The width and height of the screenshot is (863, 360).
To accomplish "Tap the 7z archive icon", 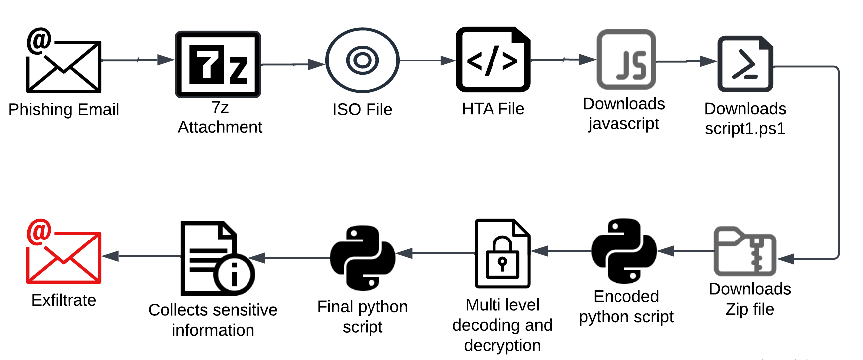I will pyautogui.click(x=218, y=64).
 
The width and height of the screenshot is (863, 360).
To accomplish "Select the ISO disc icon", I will pyautogui.click(x=363, y=60).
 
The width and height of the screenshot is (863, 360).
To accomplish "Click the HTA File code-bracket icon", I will pyautogui.click(x=493, y=60).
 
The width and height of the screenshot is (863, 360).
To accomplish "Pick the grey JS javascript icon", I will pyautogui.click(x=626, y=59).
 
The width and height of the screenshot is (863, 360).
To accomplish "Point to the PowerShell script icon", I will pyautogui.click(x=745, y=64).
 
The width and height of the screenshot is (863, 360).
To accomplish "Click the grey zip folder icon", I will pyautogui.click(x=745, y=251).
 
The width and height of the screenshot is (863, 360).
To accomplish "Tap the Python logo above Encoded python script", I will pyautogui.click(x=624, y=251).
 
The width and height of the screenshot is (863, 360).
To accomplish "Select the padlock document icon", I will pyautogui.click(x=502, y=253).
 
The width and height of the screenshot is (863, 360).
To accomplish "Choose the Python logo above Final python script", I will pyautogui.click(x=363, y=258).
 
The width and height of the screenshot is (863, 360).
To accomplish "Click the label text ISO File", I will pyautogui.click(x=363, y=109).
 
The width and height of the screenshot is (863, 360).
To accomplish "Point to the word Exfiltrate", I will pyautogui.click(x=64, y=300).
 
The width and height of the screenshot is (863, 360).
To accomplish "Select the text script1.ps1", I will pyautogui.click(x=745, y=129).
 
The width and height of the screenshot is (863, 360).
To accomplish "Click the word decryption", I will pyautogui.click(x=502, y=345).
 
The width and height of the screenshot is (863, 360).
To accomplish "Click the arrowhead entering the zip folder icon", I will pyautogui.click(x=786, y=259).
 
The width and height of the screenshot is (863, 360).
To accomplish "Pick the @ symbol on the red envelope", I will pyautogui.click(x=39, y=232).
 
